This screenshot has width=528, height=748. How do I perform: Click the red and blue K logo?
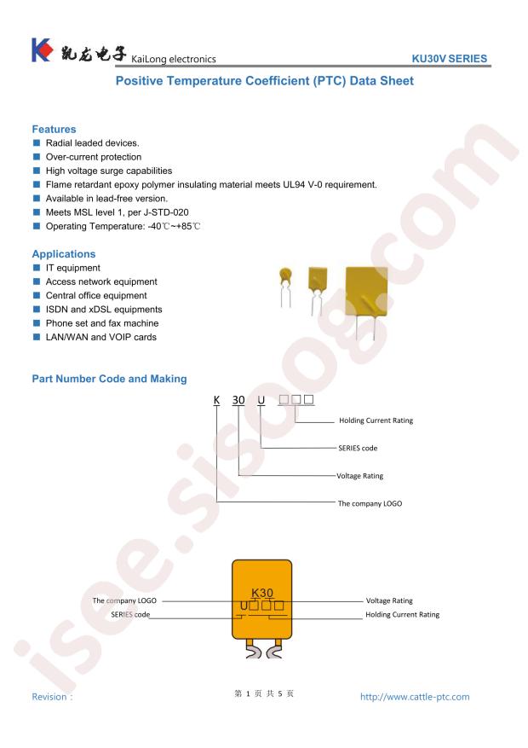pyautogui.click(x=42, y=49)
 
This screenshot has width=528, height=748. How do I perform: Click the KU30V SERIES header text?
pyautogui.click(x=449, y=59)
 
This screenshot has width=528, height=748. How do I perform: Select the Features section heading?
pyautogui.click(x=54, y=130)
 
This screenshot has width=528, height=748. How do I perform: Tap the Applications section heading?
pyautogui.click(x=64, y=254)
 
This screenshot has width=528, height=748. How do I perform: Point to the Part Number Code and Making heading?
pyautogui.click(x=109, y=379)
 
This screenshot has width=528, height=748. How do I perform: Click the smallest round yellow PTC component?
pyautogui.click(x=285, y=287)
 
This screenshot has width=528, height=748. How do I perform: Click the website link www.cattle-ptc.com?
pyautogui.click(x=415, y=697)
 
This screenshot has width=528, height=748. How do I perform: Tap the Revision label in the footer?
pyautogui.click(x=52, y=697)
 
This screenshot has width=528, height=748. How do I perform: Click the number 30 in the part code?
pyautogui.click(x=238, y=400)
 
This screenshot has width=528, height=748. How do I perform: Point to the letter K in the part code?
pyautogui.click(x=216, y=400)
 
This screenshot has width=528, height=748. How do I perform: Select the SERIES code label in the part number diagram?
pyautogui.click(x=358, y=448)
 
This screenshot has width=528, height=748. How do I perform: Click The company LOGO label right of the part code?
pyautogui.click(x=370, y=503)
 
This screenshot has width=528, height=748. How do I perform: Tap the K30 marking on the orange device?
pyautogui.click(x=261, y=593)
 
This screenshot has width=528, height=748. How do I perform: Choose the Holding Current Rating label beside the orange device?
pyautogui.click(x=402, y=614)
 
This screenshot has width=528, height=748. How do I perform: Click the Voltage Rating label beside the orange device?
pyautogui.click(x=389, y=600)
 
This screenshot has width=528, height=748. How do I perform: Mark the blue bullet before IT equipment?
pyautogui.click(x=36, y=268)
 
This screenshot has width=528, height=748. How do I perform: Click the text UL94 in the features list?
pyautogui.click(x=294, y=184)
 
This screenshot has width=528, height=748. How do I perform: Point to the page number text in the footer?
pyautogui.click(x=264, y=693)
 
